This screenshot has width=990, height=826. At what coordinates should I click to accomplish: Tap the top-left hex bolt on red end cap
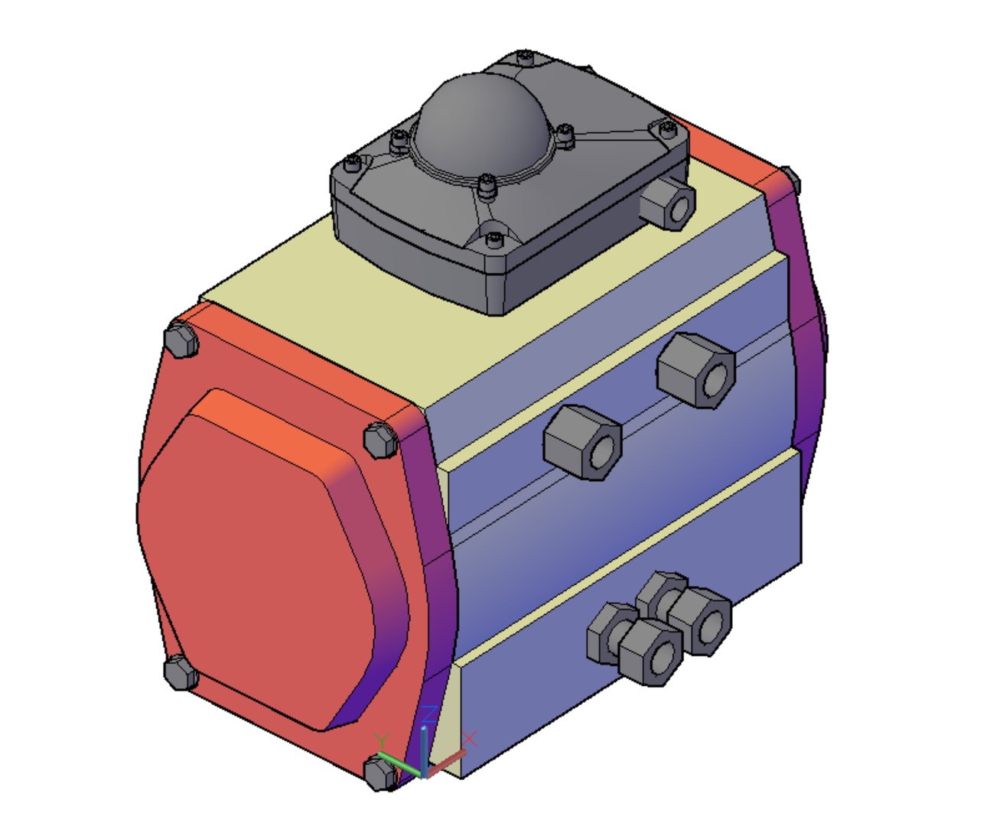point(181,339)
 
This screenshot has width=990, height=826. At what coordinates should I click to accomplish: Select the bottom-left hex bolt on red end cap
point(181,673)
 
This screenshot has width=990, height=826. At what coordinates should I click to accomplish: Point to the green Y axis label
point(383,740)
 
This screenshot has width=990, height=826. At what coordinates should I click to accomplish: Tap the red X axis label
point(470,738)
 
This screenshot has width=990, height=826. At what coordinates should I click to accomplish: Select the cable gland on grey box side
point(668,202)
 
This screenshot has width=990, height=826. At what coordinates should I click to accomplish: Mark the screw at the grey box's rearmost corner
point(524,57)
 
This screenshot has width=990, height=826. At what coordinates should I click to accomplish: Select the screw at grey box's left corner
point(352,163)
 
